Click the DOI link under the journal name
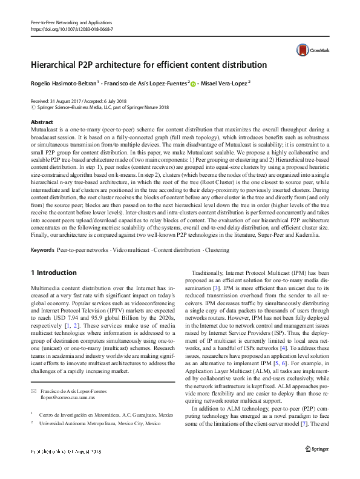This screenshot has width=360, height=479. point(71,29)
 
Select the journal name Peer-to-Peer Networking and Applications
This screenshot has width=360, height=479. point(68,21)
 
